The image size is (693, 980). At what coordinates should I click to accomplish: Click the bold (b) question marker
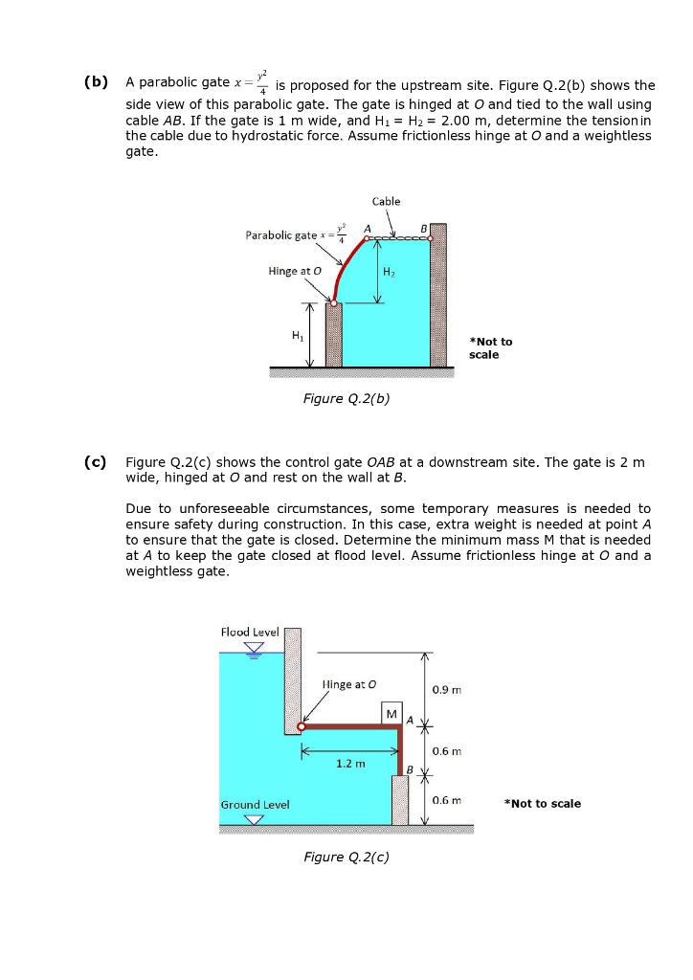click(x=94, y=84)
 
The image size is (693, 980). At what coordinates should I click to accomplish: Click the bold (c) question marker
click(x=94, y=463)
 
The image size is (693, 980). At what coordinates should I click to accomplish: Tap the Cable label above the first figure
click(x=386, y=201)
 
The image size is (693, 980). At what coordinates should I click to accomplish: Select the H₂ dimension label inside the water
click(x=389, y=272)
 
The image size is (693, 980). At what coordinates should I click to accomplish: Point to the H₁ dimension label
click(x=297, y=333)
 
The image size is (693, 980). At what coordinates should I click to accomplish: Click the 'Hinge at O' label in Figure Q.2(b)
click(x=295, y=271)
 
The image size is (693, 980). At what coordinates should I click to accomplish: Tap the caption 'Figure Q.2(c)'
click(x=346, y=857)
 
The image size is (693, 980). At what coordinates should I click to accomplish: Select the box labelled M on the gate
click(x=391, y=715)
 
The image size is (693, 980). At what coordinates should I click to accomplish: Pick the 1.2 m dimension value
click(x=350, y=764)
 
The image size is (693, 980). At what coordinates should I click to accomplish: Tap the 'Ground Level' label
click(x=255, y=805)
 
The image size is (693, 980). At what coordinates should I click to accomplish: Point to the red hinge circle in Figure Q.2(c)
click(x=302, y=727)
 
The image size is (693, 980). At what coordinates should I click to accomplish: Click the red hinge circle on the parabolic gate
click(x=334, y=302)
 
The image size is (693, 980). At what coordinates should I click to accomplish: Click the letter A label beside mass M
click(x=410, y=719)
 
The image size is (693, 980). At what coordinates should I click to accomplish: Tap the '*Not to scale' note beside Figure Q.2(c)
click(x=542, y=803)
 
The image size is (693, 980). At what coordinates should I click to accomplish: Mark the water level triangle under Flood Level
click(x=253, y=647)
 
